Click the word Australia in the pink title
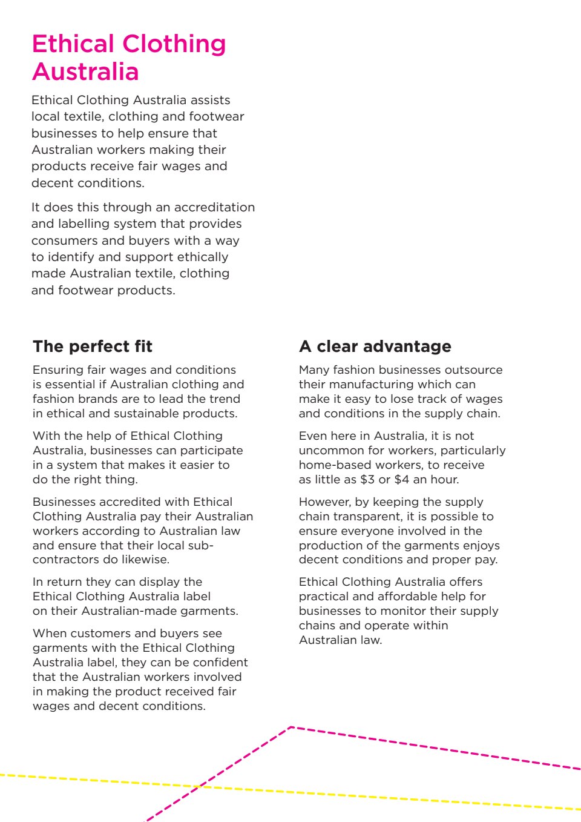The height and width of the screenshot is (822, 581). click(x=85, y=72)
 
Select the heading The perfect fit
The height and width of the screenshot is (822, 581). click(x=93, y=346)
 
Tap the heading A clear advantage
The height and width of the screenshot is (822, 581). click(x=375, y=346)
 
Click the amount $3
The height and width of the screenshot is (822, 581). click(x=367, y=480)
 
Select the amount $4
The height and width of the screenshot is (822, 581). click(x=401, y=480)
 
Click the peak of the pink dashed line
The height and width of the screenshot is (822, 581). click(x=292, y=727)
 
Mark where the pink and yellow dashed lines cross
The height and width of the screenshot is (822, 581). click(x=200, y=786)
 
